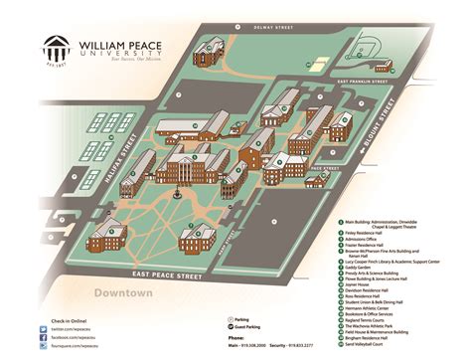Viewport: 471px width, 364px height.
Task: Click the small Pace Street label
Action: pyautogui.click(x=317, y=170)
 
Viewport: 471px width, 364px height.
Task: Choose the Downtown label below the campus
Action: pyautogui.click(x=126, y=293)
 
